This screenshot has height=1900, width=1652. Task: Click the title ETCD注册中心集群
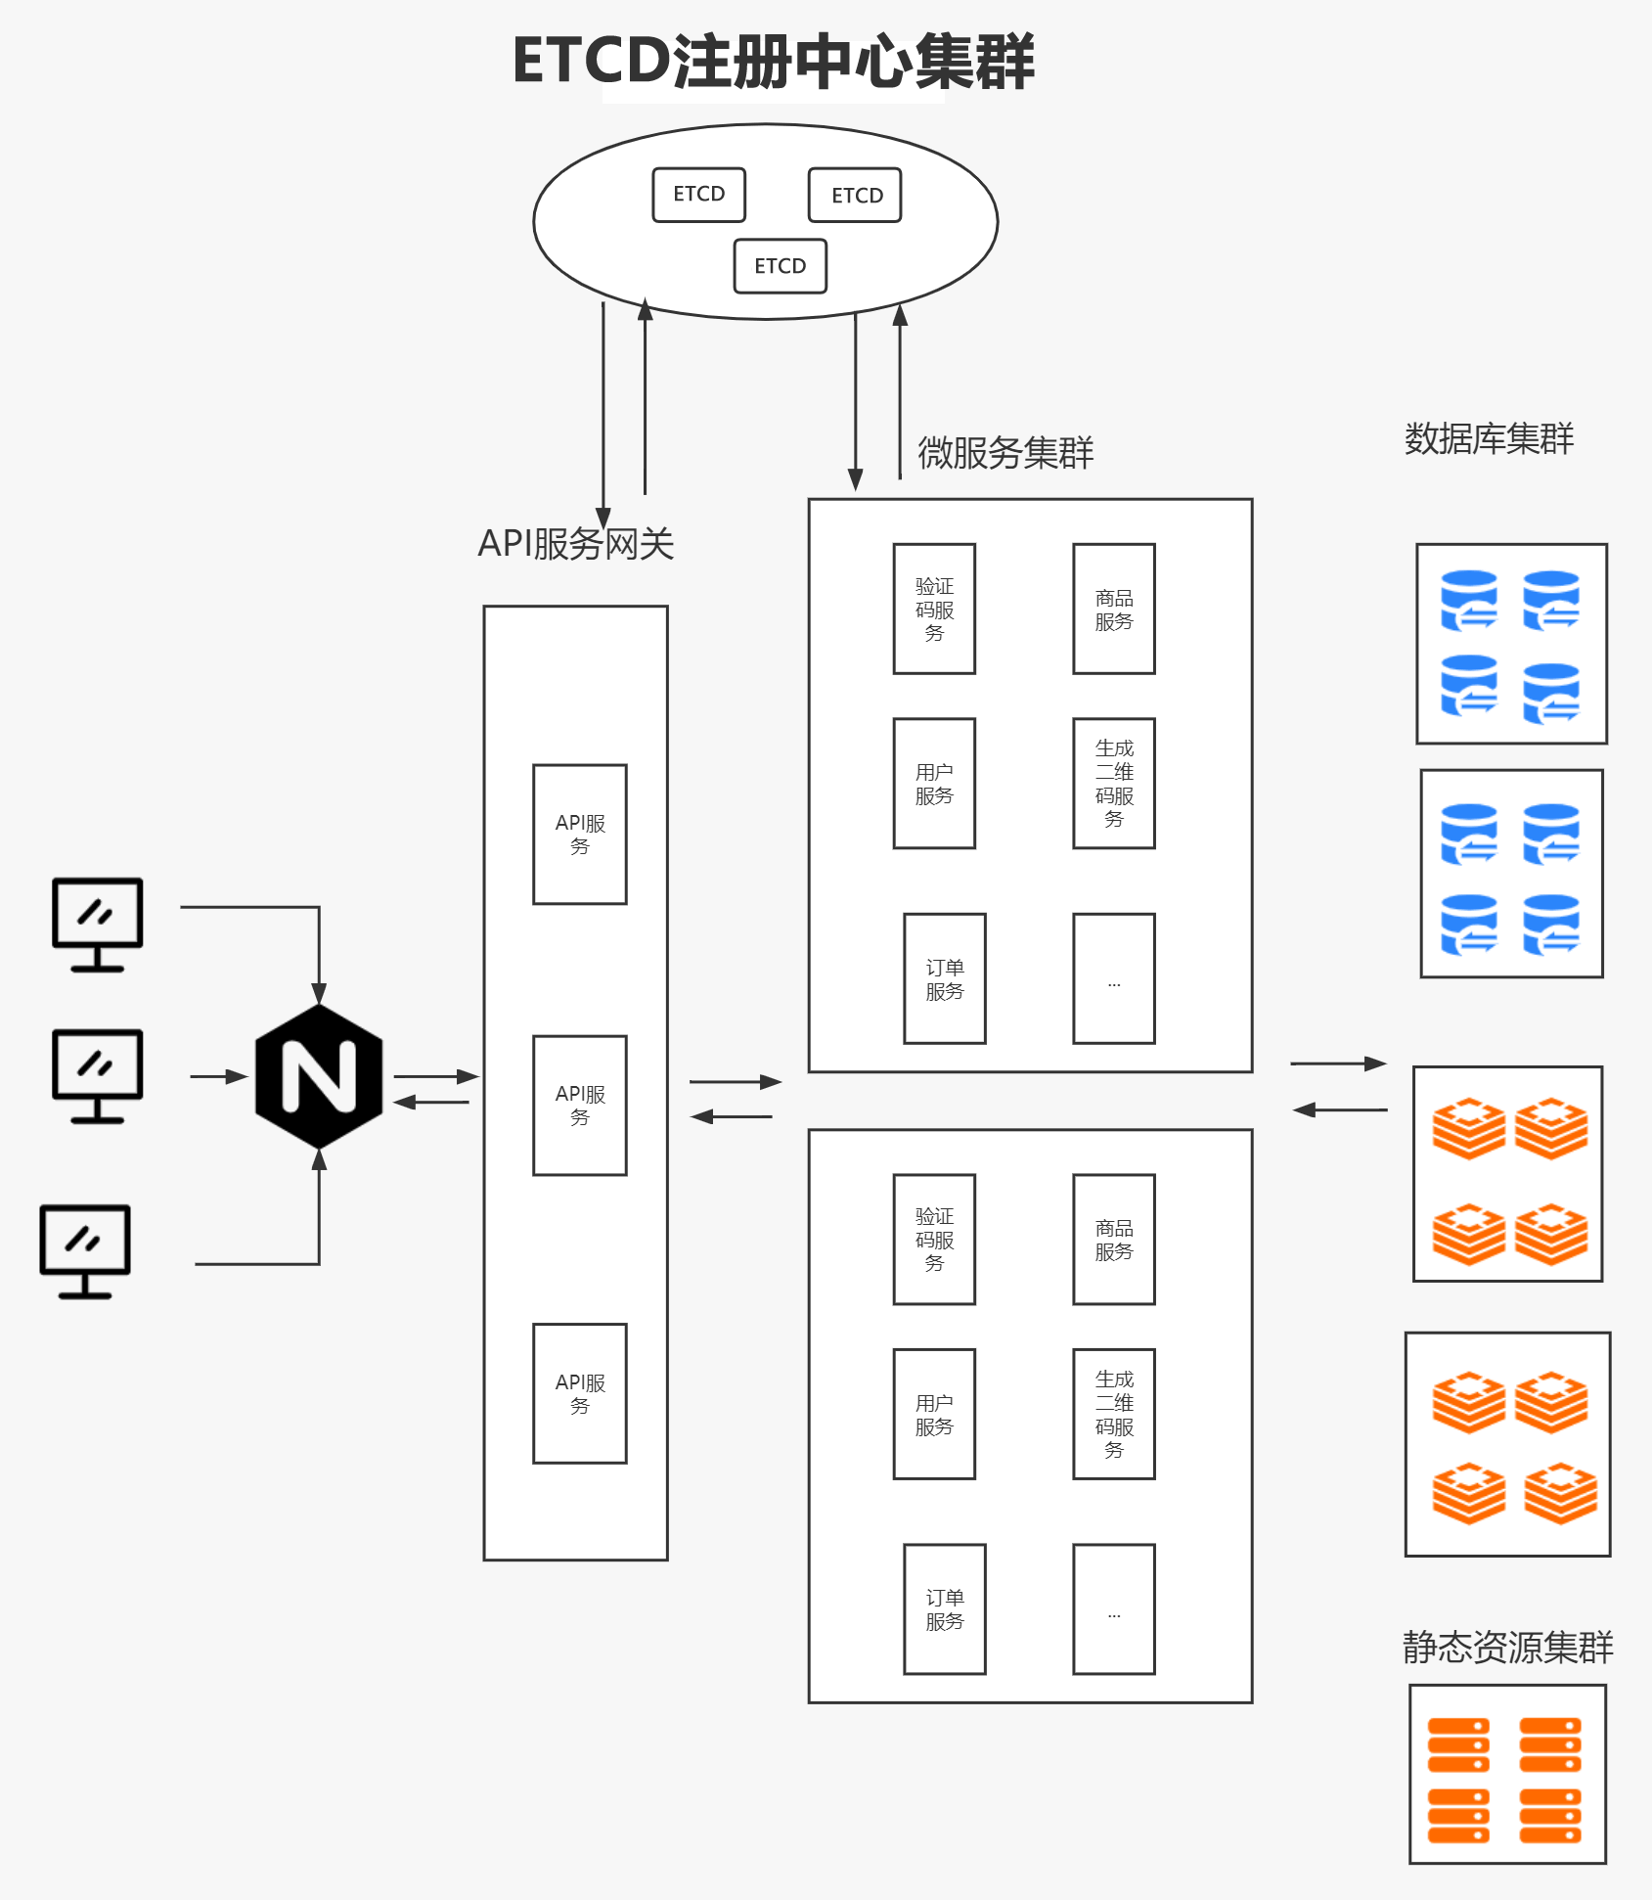coord(773,62)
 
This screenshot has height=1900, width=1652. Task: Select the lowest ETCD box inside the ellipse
coord(780,266)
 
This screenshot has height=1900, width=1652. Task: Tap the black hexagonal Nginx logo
coord(319,1076)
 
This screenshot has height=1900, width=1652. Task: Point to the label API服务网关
coord(575,544)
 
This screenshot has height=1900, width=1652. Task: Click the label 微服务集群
coord(1005,453)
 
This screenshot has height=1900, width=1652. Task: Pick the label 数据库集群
coord(1489,438)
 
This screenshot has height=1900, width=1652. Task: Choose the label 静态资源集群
coord(1507,1647)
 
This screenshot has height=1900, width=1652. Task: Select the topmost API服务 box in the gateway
coord(580,834)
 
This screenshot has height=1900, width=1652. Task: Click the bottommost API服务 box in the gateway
coord(580,1393)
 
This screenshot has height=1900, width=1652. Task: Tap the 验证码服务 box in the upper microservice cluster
coord(934,609)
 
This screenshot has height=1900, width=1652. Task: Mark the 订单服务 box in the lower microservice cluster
coord(944,1608)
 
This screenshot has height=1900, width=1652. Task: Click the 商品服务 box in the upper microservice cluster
coord(1113,609)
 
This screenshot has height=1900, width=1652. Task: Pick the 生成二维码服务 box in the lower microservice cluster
coord(1113,1414)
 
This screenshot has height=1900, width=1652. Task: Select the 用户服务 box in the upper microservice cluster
coord(934,783)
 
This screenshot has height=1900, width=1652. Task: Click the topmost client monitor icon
coord(98,924)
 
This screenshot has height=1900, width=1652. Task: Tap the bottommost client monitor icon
coord(85,1250)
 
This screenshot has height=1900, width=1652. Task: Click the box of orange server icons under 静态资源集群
coord(1507,1774)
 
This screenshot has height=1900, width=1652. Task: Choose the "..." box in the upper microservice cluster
coord(1113,978)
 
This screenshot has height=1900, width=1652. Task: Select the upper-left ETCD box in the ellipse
coord(698,195)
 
